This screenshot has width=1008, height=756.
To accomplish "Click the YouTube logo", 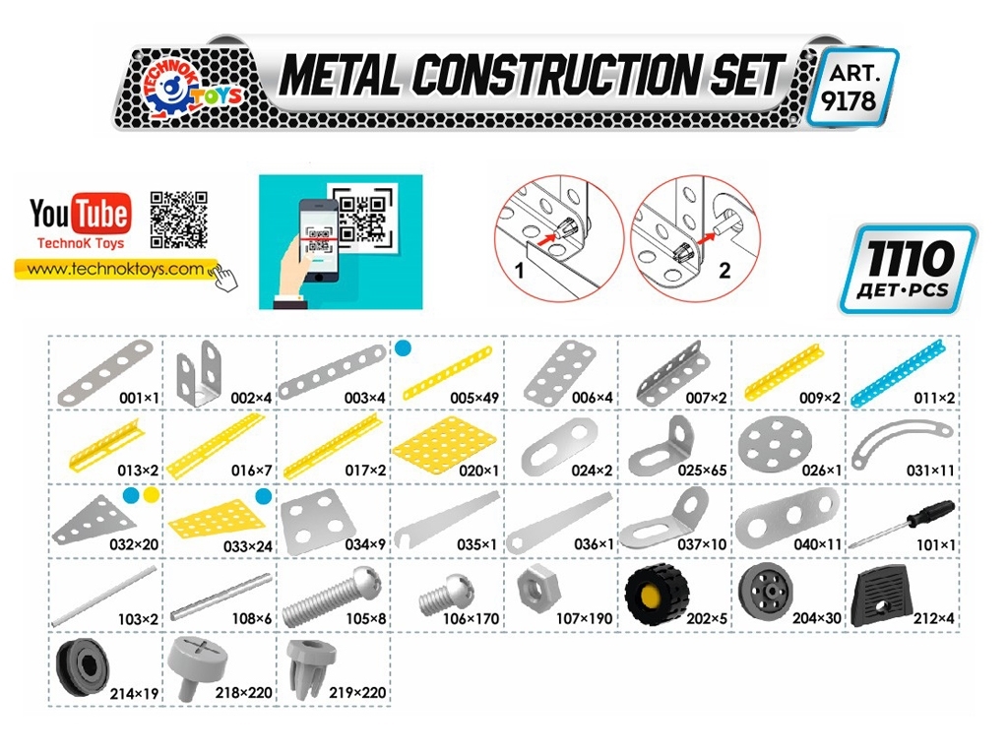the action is coord(81,214).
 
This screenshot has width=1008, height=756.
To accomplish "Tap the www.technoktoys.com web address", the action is coord(115,269).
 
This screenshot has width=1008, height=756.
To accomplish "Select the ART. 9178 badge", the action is coord(851,88).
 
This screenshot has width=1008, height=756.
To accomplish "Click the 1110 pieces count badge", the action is coord(907,269).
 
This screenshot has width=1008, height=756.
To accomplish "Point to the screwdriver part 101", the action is coord(902,525).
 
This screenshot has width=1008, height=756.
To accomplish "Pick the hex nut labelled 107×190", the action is coord(538,589).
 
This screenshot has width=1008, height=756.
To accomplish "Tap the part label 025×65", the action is coord(702,471).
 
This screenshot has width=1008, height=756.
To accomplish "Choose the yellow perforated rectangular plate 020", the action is coord(445,447).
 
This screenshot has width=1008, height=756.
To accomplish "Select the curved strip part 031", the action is coord(902,440).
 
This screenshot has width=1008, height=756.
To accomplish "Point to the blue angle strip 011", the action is coord(898,372).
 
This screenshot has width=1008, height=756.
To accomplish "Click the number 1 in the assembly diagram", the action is coord(520,271).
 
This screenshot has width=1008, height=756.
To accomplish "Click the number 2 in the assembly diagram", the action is coord(724,270).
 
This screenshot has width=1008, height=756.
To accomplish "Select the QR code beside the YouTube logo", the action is coord(179,220).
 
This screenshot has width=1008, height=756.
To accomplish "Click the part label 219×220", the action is coord(357,693).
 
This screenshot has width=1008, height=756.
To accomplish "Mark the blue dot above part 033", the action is coord(263,496).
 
